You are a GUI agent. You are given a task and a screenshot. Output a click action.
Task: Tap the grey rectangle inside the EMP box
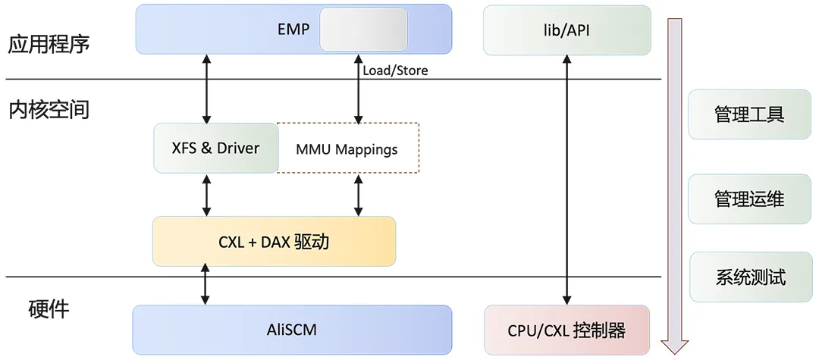363,30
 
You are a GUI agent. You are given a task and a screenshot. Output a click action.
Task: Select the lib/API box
566,30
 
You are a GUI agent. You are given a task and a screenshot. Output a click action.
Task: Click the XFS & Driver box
215,148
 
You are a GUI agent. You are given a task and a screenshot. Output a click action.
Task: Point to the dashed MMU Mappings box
347,149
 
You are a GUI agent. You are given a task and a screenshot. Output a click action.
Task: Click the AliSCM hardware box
292,330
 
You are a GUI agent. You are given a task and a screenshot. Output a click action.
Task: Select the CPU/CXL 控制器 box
566,330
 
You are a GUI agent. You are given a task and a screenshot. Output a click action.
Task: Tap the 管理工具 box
748,114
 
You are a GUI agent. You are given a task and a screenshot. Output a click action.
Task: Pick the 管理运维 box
748,199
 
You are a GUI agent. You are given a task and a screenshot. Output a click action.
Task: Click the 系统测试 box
748,277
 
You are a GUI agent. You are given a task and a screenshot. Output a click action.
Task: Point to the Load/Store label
395,70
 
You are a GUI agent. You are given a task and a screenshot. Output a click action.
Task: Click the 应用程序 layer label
49,44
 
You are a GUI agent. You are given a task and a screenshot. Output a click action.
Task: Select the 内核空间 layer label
49,111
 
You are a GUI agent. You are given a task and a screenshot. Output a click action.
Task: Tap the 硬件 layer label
49,309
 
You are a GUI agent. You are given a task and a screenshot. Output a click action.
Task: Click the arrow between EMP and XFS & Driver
206,89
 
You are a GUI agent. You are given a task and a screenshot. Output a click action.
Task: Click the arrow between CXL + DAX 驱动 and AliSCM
205,286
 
